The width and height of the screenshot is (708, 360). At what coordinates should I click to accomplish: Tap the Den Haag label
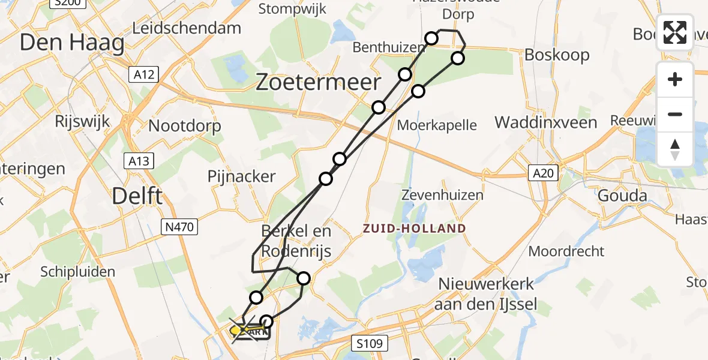(x=72, y=43)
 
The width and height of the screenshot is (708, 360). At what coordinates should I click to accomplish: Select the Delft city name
(x=137, y=196)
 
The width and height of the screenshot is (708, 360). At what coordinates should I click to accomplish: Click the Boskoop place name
(x=557, y=55)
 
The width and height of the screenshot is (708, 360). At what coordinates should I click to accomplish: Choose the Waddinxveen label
(x=545, y=123)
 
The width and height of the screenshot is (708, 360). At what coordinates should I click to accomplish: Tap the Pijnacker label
(x=241, y=176)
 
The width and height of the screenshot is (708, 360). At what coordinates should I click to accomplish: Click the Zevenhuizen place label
(x=442, y=195)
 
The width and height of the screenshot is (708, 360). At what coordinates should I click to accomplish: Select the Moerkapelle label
(x=437, y=125)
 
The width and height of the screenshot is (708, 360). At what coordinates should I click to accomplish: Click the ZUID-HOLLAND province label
(x=413, y=228)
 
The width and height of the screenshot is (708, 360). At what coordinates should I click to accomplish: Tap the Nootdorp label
(x=184, y=126)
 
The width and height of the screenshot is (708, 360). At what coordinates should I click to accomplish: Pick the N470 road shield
(x=180, y=226)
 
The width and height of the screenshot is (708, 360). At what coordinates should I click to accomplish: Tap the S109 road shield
(x=369, y=343)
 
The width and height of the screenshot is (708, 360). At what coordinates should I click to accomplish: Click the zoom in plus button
(x=675, y=79)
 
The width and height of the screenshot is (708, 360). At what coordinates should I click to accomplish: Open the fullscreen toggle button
(x=675, y=32)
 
